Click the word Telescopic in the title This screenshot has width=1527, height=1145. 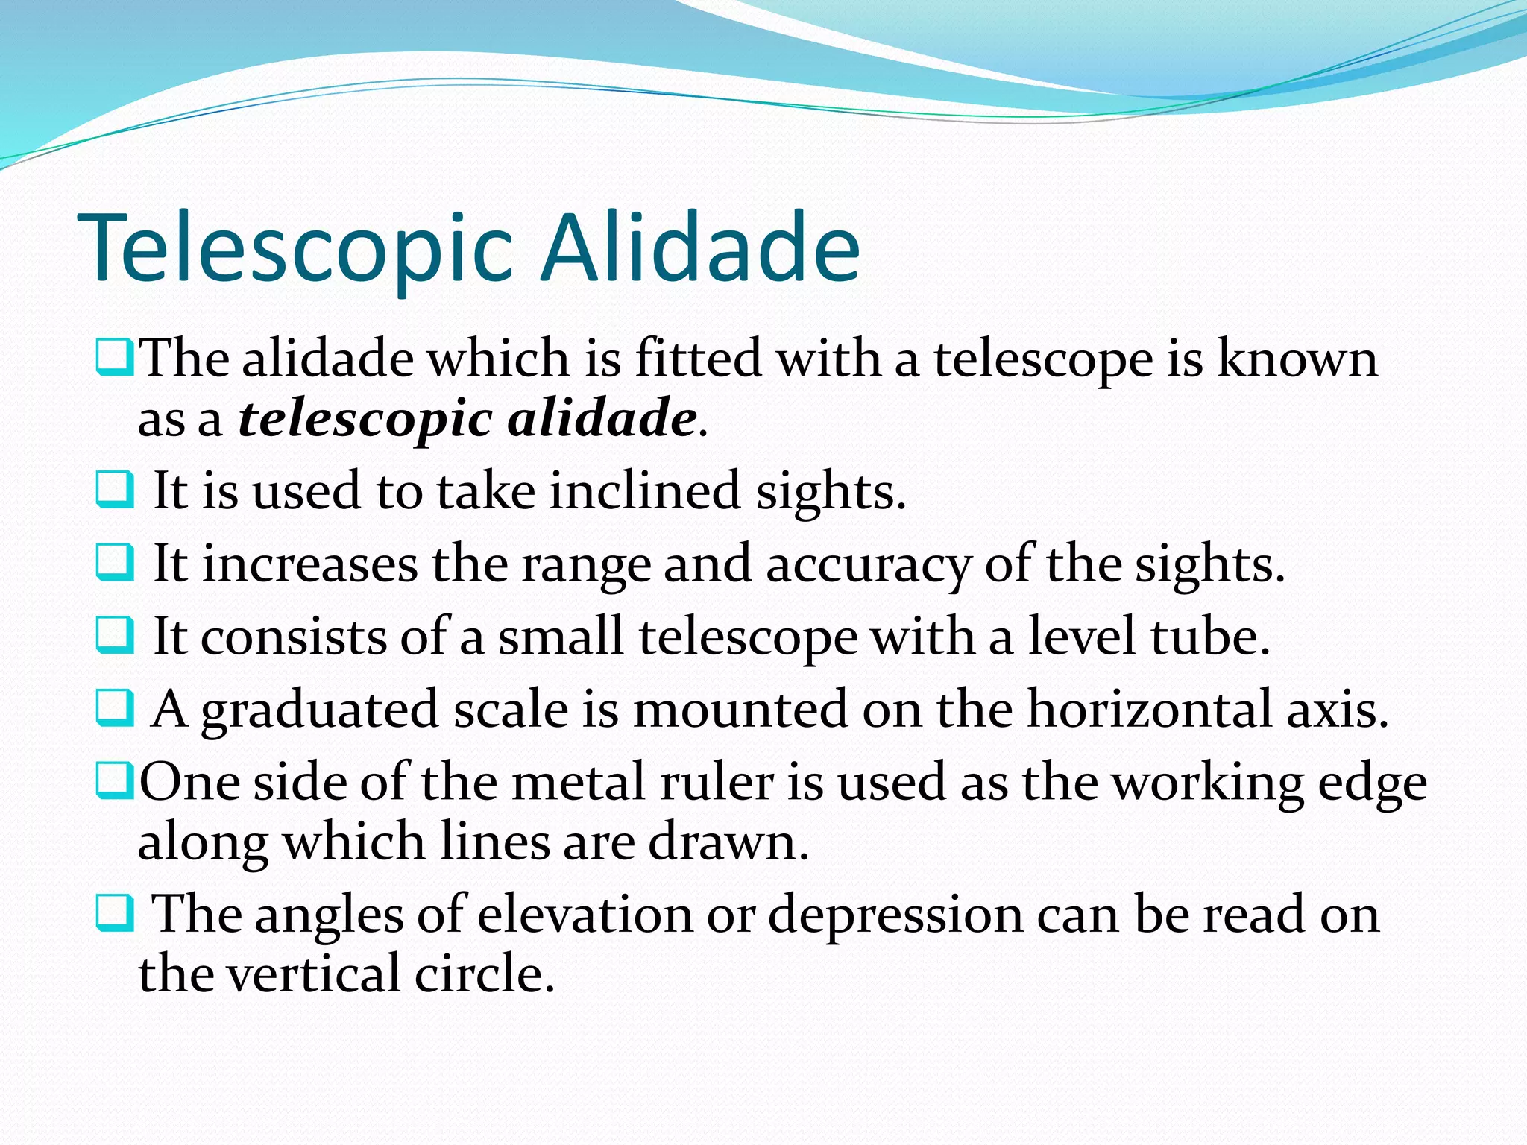(x=295, y=250)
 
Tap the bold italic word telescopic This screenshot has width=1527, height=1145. (x=365, y=419)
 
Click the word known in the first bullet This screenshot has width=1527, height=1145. (x=1297, y=359)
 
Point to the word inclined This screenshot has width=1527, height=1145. (x=645, y=492)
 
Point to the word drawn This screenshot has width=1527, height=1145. (x=728, y=842)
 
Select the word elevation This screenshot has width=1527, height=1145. (x=585, y=915)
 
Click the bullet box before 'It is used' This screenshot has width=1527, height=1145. (x=115, y=490)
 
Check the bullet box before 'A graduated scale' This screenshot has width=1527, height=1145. (x=115, y=708)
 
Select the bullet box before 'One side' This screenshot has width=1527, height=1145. (x=115, y=781)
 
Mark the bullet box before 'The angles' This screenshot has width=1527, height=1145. (x=115, y=914)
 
